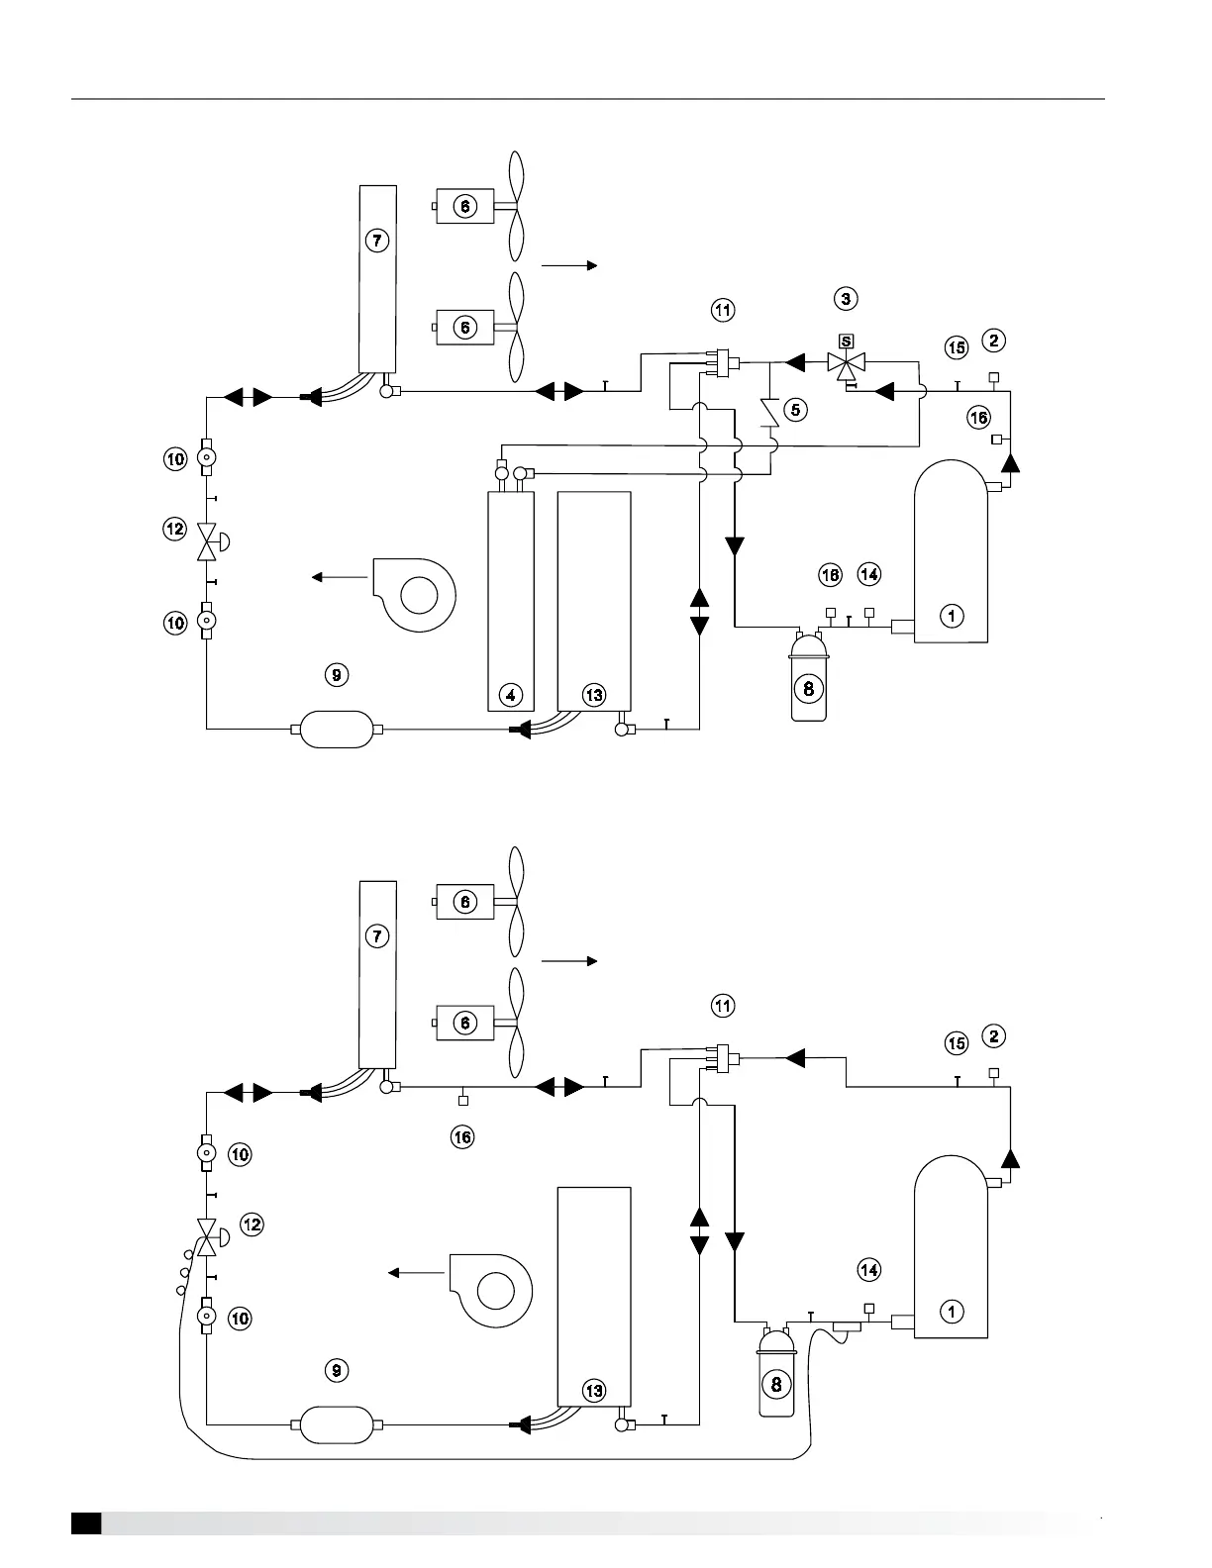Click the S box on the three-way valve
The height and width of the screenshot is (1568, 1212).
pyautogui.click(x=846, y=342)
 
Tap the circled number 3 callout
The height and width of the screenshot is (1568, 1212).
pyautogui.click(x=845, y=298)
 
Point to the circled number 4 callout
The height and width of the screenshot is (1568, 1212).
pyautogui.click(x=511, y=695)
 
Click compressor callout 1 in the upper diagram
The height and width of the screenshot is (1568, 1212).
pyautogui.click(x=952, y=616)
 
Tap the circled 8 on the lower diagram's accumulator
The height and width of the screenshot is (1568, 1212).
pyautogui.click(x=776, y=1384)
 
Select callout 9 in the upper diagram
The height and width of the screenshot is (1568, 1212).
pyautogui.click(x=337, y=675)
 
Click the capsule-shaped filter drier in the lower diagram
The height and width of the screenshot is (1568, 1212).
pyautogui.click(x=337, y=1425)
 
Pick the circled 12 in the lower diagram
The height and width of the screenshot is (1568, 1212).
pyautogui.click(x=252, y=1225)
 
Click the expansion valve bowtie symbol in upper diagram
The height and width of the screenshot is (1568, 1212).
pyautogui.click(x=207, y=540)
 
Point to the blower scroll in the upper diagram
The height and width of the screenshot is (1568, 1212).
pyautogui.click(x=415, y=594)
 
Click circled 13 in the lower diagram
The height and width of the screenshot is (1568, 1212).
pyautogui.click(x=594, y=1391)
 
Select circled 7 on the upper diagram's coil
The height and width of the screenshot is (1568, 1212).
pyautogui.click(x=376, y=240)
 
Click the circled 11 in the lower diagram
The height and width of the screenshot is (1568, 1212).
pyautogui.click(x=724, y=1006)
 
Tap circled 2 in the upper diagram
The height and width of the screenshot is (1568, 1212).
pyautogui.click(x=994, y=341)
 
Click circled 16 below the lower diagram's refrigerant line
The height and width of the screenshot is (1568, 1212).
pyautogui.click(x=462, y=1137)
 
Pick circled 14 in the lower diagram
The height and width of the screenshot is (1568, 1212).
pyautogui.click(x=868, y=1269)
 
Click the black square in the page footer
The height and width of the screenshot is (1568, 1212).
pyautogui.click(x=86, y=1523)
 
